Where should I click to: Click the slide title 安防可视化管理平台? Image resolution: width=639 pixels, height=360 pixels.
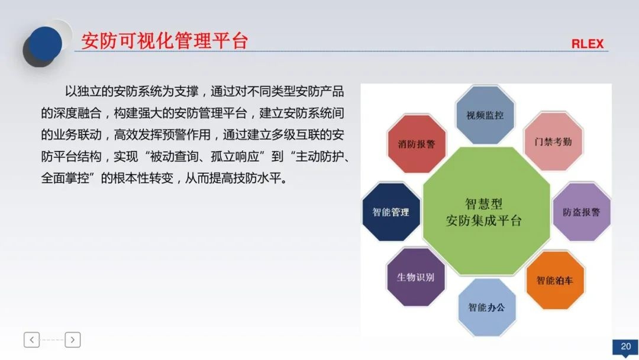pyautogui.click(x=164, y=41)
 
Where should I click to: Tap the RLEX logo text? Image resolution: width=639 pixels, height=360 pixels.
pyautogui.click(x=587, y=44)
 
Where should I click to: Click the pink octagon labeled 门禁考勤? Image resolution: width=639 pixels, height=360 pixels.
pyautogui.click(x=553, y=142)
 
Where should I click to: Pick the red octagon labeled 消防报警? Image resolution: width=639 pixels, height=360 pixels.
pyautogui.click(x=416, y=144)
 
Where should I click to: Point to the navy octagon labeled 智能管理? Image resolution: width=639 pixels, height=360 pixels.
pyautogui.click(x=390, y=212)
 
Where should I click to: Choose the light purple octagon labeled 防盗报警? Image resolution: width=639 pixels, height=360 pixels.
pyautogui.click(x=581, y=212)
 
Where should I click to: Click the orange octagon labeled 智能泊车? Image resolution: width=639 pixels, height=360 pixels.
pyautogui.click(x=554, y=280)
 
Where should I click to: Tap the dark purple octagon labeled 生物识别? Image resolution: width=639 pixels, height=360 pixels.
pyautogui.click(x=415, y=277)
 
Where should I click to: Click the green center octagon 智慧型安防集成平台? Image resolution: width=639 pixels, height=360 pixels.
pyautogui.click(x=485, y=212)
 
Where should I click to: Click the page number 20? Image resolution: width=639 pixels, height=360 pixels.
pyautogui.click(x=625, y=346)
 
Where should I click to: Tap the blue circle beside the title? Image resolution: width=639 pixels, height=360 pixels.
pyautogui.click(x=45, y=43)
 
